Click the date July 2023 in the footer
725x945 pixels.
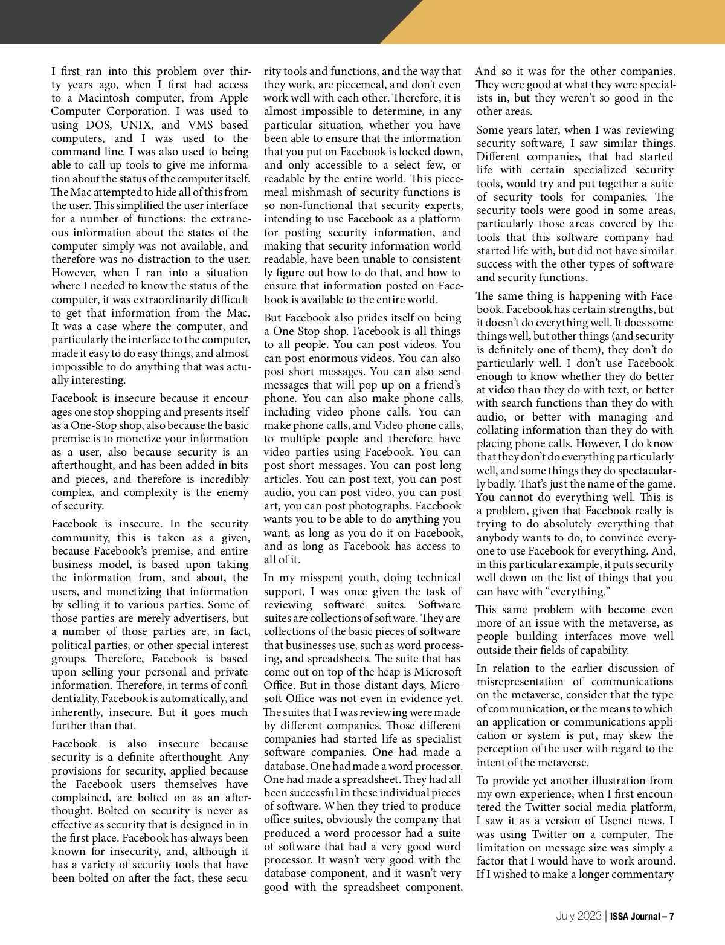tap(578, 917)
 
